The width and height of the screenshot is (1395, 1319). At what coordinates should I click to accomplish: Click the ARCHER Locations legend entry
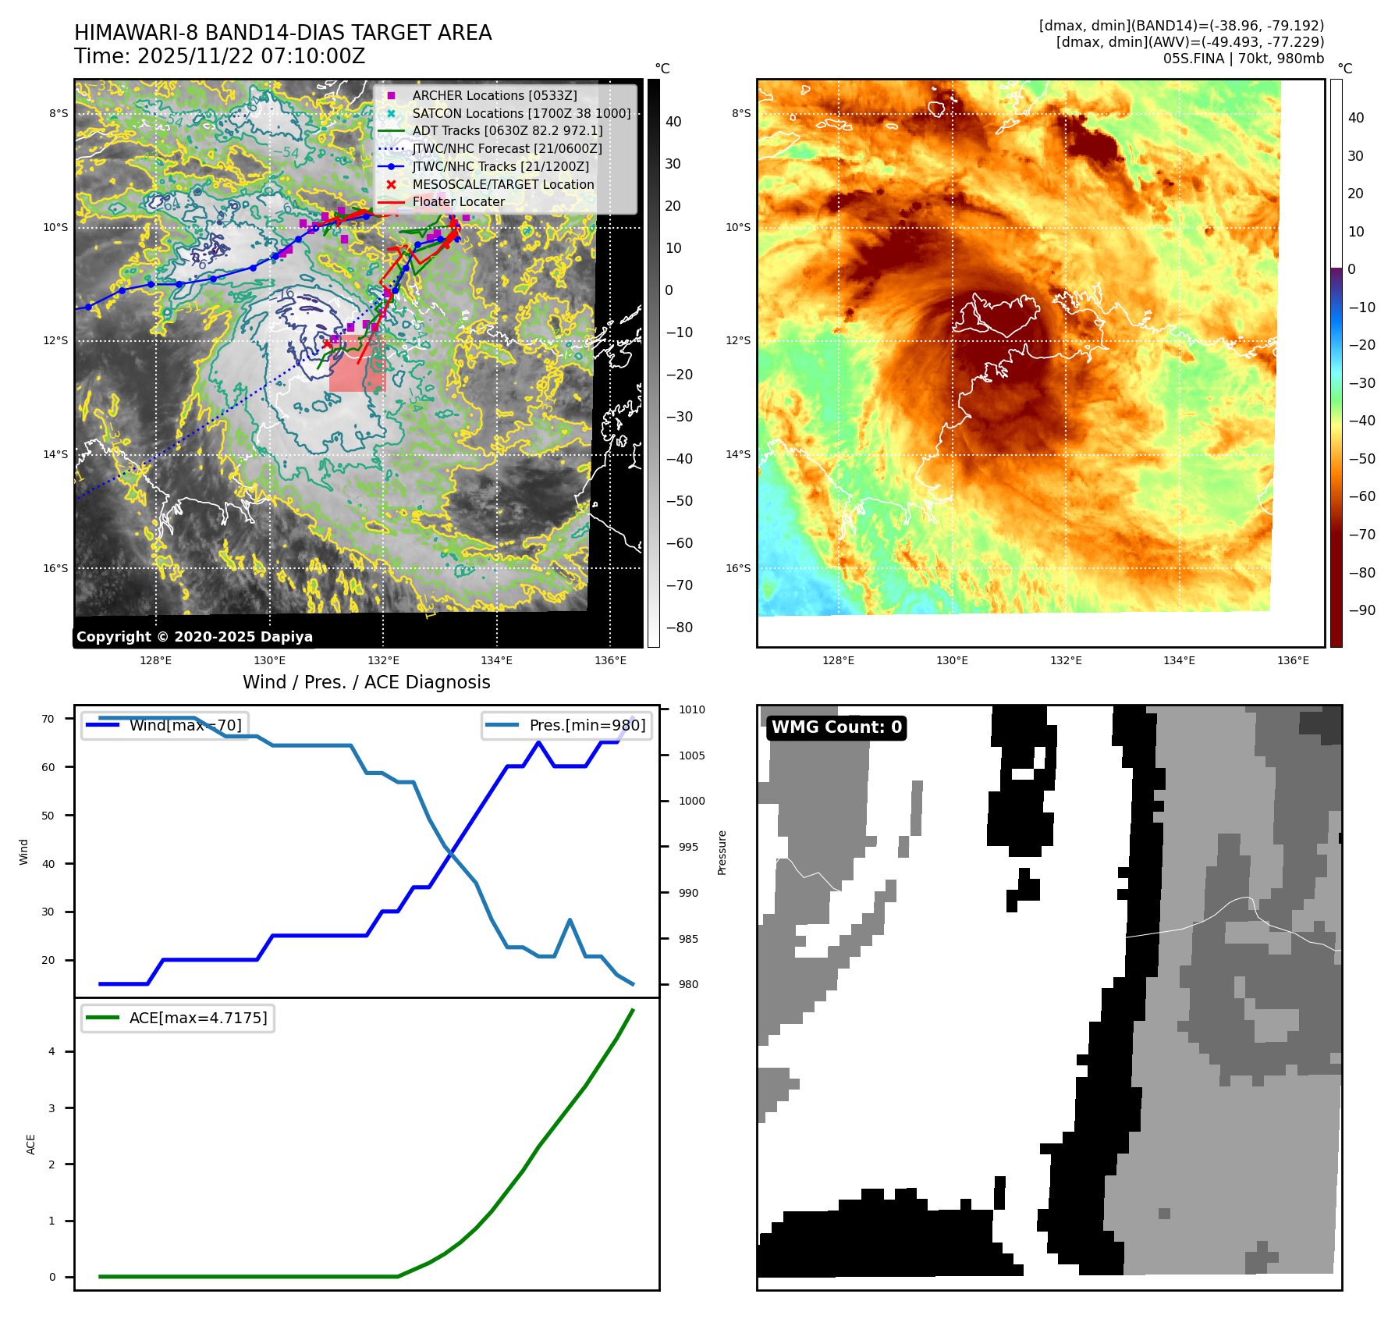click(x=495, y=95)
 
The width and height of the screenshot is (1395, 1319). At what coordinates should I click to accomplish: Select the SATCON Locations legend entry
click(x=521, y=113)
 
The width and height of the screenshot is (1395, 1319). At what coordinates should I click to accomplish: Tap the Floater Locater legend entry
click(x=458, y=201)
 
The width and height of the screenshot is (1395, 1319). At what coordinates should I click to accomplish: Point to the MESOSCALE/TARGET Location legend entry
click(x=502, y=184)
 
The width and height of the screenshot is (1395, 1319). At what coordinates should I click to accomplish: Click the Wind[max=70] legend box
click(x=165, y=725)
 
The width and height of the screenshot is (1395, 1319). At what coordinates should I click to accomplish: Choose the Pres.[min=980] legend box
click(x=567, y=725)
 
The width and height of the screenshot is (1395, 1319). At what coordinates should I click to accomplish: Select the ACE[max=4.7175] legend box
click(x=178, y=1018)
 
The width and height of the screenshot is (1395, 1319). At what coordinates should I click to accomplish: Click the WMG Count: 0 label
click(x=836, y=727)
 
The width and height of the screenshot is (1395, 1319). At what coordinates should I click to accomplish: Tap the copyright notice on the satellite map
click(x=194, y=637)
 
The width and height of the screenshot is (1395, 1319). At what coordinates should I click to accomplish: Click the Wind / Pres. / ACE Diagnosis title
click(x=366, y=682)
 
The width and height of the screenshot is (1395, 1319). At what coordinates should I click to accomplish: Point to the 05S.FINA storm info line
click(x=1243, y=59)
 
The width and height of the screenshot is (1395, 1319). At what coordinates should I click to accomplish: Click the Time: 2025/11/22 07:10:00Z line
click(x=219, y=56)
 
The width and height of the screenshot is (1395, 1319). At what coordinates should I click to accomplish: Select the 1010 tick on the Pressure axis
click(x=691, y=709)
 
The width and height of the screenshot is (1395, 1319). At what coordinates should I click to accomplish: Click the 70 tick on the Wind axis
click(x=48, y=719)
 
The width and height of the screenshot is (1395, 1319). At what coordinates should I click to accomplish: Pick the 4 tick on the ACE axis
click(x=51, y=1051)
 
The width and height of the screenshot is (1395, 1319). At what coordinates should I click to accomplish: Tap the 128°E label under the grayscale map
click(x=155, y=660)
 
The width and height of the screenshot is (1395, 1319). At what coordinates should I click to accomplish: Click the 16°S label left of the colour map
click(x=738, y=568)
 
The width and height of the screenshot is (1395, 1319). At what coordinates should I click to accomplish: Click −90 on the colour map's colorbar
click(x=1362, y=610)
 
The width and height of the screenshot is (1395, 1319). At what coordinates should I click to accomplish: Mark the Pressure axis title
click(x=722, y=852)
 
